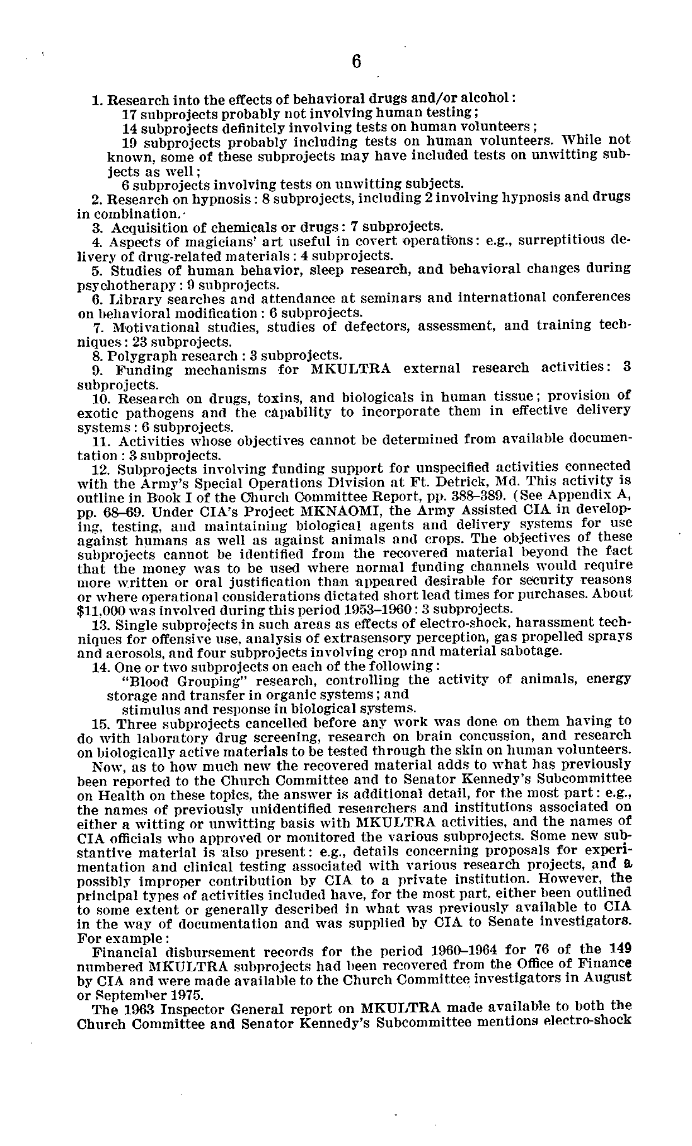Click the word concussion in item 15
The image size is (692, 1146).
(x=505, y=737)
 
